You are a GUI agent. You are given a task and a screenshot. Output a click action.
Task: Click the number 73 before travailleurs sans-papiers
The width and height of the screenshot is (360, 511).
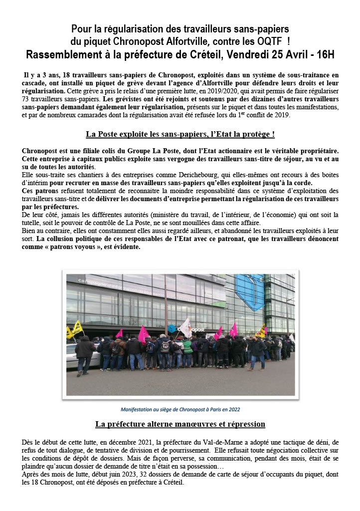pyautogui.click(x=27, y=99)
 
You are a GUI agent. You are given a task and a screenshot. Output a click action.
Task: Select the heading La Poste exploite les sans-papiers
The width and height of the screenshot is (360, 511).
pyautogui.click(x=180, y=134)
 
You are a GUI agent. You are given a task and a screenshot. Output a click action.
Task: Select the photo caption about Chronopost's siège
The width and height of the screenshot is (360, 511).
pyautogui.click(x=180, y=409)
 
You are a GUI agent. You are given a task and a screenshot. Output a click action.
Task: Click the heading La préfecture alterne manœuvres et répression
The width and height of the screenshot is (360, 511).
pyautogui.click(x=180, y=424)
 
